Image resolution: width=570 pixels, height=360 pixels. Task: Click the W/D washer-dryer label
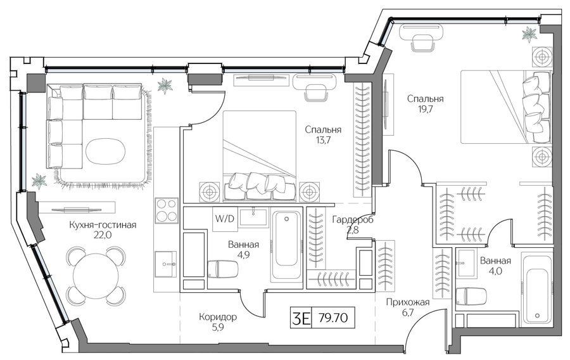click(x=225, y=219)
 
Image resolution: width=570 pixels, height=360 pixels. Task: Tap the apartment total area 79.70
click(x=333, y=318)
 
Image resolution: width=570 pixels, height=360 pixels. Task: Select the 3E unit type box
click(x=301, y=318)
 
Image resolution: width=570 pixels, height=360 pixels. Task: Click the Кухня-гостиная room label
click(x=103, y=225)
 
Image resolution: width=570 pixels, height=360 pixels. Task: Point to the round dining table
click(x=96, y=275)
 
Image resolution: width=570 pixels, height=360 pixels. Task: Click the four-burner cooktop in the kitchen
click(x=167, y=210)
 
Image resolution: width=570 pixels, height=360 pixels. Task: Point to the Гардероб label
click(x=353, y=220)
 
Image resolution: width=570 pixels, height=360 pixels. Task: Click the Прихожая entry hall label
click(x=408, y=302)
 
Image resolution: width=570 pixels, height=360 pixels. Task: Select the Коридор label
click(x=218, y=317)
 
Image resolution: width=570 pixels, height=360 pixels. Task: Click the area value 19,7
click(x=426, y=108)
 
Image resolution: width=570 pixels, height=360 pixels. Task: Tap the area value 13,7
click(x=323, y=139)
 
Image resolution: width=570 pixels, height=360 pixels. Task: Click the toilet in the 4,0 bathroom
click(x=471, y=297)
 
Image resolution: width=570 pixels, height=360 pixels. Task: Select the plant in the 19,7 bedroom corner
click(x=529, y=34)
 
